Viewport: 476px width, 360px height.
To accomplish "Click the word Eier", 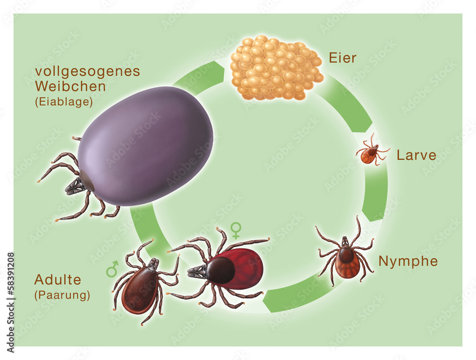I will pyautogui.click(x=342, y=59).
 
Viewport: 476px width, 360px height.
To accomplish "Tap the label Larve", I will pyautogui.click(x=416, y=155).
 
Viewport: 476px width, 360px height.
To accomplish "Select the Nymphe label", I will pyautogui.click(x=408, y=261).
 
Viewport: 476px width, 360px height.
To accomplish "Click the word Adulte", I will pyautogui.click(x=58, y=280).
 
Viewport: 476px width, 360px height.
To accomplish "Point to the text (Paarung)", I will pyautogui.click(x=62, y=295).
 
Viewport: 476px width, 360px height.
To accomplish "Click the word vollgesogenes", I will pyautogui.click(x=88, y=71).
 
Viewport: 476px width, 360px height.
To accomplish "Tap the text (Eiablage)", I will pyautogui.click(x=63, y=102).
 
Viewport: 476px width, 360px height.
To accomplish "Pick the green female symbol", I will pyautogui.click(x=236, y=231).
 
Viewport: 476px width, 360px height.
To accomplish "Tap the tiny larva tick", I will pyautogui.click(x=369, y=154).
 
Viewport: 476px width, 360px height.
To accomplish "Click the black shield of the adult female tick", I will pyautogui.click(x=220, y=270).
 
